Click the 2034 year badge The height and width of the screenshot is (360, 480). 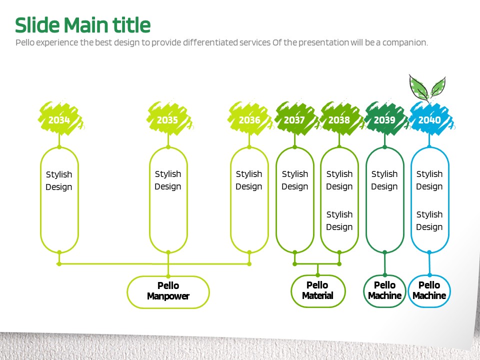tap(59, 120)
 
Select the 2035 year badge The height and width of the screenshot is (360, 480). tap(167, 120)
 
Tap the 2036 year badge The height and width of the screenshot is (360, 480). tap(249, 120)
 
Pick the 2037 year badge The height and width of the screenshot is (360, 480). tap(294, 120)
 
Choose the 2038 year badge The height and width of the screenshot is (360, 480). tap(339, 120)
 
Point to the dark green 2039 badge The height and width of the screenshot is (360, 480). tap(384, 120)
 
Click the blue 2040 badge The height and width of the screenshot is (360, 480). tap(429, 120)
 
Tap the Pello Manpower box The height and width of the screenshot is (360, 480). tap(168, 291)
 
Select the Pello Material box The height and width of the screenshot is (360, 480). tap(317, 290)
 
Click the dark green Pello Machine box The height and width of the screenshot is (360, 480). tap(384, 290)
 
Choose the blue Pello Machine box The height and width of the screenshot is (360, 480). tap(429, 290)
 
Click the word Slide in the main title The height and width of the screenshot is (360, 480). tap(37, 25)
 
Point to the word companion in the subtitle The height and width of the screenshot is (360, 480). tap(405, 42)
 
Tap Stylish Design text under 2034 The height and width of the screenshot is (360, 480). tap(59, 180)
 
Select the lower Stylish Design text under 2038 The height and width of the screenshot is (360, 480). tap(339, 220)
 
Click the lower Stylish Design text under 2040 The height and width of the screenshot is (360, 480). tap(429, 220)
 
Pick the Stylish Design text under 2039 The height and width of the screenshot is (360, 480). tap(384, 180)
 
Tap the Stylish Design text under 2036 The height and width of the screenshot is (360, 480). tap(249, 180)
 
